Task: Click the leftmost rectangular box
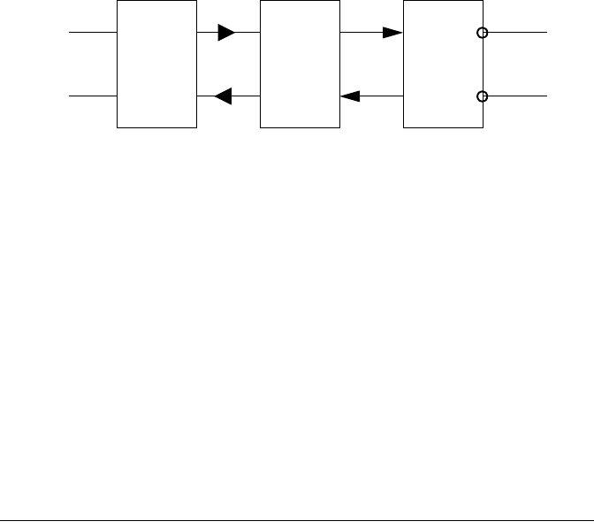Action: pos(157,65)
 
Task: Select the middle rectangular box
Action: pos(300,65)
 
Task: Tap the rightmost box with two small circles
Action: pos(442,65)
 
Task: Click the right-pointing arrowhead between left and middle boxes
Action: pos(226,34)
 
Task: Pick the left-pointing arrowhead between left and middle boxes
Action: pos(224,96)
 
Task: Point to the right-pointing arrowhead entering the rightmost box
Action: pos(392,34)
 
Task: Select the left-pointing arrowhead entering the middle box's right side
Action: pos(349,96)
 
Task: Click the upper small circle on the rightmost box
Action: pos(482,34)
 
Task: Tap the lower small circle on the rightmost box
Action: pos(482,96)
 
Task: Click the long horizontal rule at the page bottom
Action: pos(297,521)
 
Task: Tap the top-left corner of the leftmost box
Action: pos(118,1)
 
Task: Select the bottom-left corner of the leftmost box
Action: pos(118,128)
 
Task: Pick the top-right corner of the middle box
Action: pos(339,1)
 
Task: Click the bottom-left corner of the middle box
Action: pos(260,128)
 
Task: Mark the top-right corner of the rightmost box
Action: pos(483,1)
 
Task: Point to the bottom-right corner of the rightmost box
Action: pos(483,128)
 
